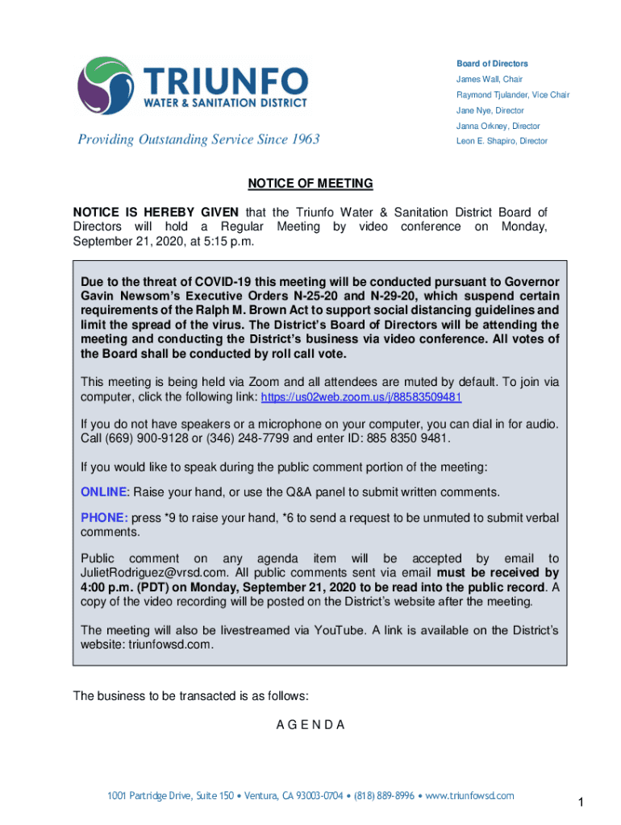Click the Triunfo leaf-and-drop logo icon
(x=106, y=85)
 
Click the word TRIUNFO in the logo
(x=226, y=81)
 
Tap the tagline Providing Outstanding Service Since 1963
(x=198, y=139)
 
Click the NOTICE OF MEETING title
(x=310, y=184)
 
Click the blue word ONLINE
(x=104, y=491)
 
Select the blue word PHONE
(x=104, y=518)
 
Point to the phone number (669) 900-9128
(x=137, y=438)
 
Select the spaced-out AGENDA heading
(x=310, y=724)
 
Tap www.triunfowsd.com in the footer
(x=469, y=796)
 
